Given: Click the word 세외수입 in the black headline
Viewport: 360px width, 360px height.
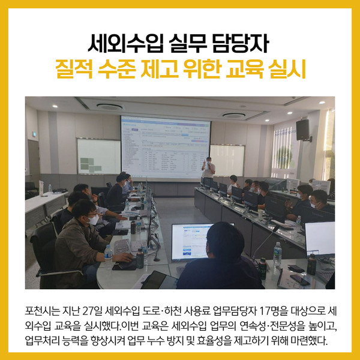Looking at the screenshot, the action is [126, 43].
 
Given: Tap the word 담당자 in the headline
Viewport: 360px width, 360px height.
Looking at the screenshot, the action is [241, 43].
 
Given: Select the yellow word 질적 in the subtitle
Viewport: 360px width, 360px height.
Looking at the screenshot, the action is [74, 69].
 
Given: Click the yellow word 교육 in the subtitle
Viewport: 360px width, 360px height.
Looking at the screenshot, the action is [245, 69].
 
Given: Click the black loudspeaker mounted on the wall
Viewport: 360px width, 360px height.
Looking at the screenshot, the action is [303, 130].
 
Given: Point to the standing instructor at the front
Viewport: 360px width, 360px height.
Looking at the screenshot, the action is [208, 169].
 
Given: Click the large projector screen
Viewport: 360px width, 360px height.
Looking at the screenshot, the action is [166, 148].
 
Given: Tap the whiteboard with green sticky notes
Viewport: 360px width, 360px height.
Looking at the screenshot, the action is [99, 156].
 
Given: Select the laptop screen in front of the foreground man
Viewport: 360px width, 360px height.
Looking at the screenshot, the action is [192, 242].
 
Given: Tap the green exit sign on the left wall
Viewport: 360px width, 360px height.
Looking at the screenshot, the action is [34, 134].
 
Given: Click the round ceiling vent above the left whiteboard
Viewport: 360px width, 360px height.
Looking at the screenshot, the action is [110, 107].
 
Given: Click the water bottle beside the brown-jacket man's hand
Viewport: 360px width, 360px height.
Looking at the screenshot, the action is [108, 255].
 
